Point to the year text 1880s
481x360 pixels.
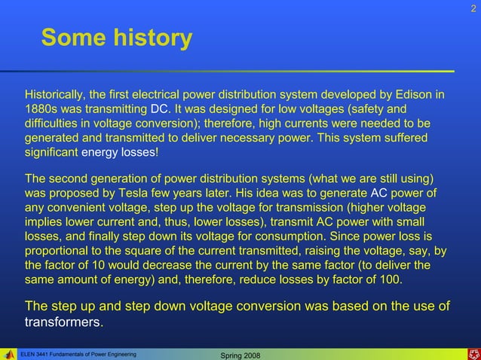tap(41, 110)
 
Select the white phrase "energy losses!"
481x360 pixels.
tap(120, 153)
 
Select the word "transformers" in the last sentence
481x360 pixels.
tap(63, 322)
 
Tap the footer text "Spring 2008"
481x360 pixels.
tap(238, 354)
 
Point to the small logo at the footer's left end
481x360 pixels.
tap(8, 353)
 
